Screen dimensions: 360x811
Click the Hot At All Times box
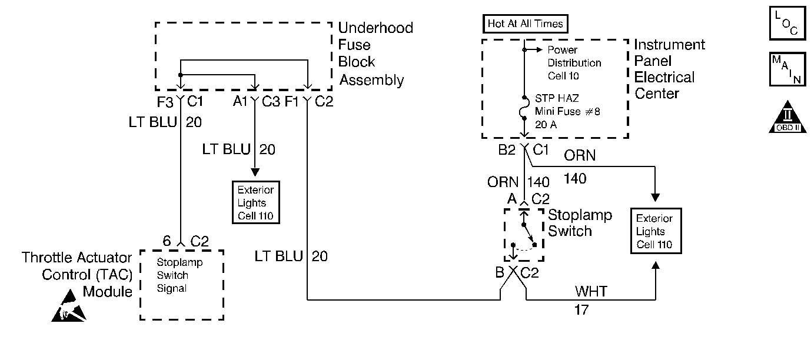(x=525, y=24)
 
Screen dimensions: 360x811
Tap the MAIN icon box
(x=786, y=70)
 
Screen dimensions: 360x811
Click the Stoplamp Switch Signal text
(x=172, y=275)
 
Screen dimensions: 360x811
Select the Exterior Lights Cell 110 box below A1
(x=255, y=203)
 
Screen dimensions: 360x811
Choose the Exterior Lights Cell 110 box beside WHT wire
(x=656, y=231)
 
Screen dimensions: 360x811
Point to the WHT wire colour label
(x=591, y=291)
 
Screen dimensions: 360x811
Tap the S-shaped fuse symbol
(x=524, y=108)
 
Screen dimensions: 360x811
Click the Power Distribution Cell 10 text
(x=574, y=63)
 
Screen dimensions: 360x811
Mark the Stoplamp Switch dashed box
(x=523, y=235)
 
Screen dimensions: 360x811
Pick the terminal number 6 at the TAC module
(x=167, y=240)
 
